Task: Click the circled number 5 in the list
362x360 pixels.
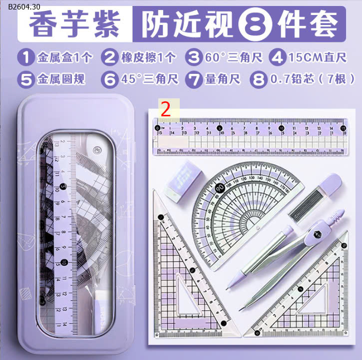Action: [x=25, y=79]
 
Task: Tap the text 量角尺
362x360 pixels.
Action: [x=223, y=79]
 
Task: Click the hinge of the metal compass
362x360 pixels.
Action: [x=316, y=232]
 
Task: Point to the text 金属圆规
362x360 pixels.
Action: [x=61, y=79]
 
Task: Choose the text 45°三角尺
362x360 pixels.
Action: [x=148, y=79]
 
